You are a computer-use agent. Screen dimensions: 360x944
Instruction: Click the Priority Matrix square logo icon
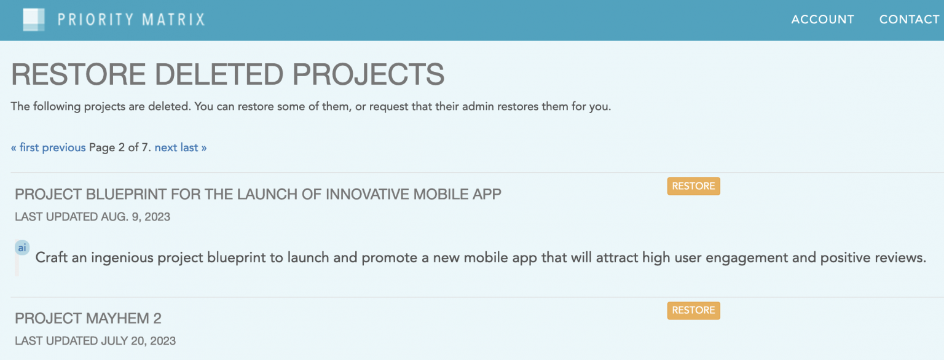34,20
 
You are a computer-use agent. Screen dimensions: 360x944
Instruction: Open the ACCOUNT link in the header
822,20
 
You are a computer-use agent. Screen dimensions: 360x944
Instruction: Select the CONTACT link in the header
909,20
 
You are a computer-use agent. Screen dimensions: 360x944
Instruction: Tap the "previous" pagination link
64,147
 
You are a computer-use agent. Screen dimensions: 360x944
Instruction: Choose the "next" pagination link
166,147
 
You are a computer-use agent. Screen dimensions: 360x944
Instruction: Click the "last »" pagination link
194,147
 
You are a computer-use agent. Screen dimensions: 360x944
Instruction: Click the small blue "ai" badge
22,248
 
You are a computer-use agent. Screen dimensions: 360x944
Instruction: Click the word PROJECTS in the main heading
368,74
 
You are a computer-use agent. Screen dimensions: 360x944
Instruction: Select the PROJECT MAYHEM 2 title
88,318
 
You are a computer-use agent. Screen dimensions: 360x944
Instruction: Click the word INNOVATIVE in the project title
368,194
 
